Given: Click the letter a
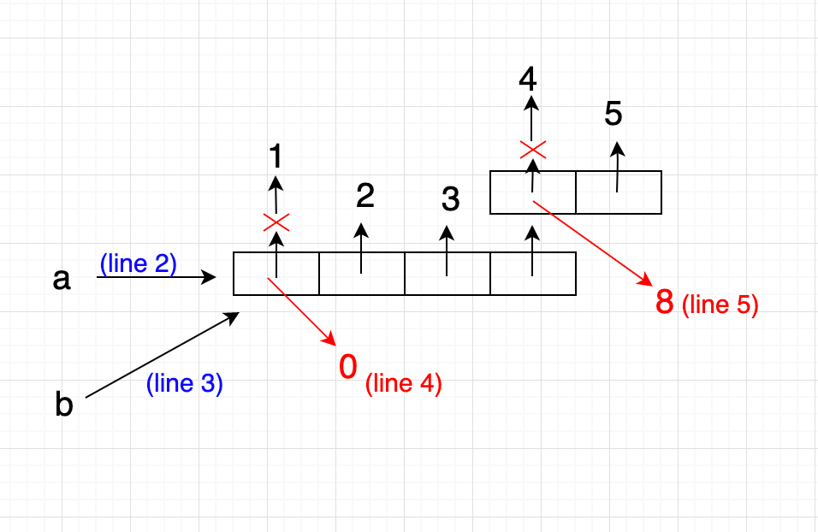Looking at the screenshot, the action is click(x=61, y=279).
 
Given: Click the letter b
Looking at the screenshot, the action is click(x=64, y=405).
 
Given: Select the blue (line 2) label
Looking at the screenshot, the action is click(x=138, y=264).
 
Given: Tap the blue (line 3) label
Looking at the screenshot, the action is click(x=184, y=384).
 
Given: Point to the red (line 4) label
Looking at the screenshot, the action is click(x=403, y=384).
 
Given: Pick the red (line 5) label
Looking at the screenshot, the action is click(x=720, y=305).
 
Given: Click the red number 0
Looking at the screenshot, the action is click(x=348, y=368).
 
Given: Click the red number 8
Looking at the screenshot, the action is click(x=665, y=302).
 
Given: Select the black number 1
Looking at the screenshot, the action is click(x=276, y=157).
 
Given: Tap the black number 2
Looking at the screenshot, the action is click(x=365, y=197).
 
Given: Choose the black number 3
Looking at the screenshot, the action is click(x=450, y=200).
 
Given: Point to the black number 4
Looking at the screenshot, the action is click(x=528, y=80).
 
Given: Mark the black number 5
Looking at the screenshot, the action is click(x=613, y=114).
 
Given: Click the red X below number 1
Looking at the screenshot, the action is click(x=276, y=222).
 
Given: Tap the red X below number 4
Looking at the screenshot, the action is click(x=532, y=151).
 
